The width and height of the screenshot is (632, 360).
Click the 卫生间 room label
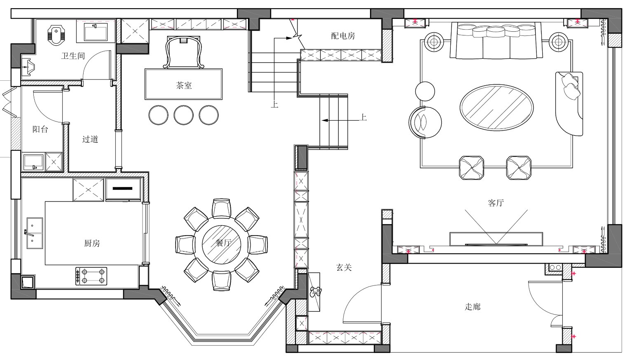[x=73, y=56]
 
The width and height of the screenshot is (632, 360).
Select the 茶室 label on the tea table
[x=184, y=86]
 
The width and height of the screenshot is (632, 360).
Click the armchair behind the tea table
[x=184, y=52]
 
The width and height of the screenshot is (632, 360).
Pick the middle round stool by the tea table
[x=184, y=115]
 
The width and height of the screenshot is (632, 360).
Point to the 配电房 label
[x=343, y=36]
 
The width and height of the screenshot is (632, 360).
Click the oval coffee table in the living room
[x=496, y=108]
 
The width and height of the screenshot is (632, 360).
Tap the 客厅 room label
[x=496, y=203]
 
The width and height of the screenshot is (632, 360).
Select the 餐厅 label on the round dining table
[x=223, y=243]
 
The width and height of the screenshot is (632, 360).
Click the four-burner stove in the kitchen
[x=91, y=276]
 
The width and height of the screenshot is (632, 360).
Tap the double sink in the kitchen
[x=35, y=233]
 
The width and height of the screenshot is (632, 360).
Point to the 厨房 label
[x=92, y=243]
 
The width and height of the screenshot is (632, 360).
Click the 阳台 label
[x=40, y=129]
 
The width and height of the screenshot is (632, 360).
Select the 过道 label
[x=90, y=139]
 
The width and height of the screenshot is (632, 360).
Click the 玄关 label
[x=344, y=267]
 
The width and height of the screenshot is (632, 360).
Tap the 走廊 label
[x=472, y=307]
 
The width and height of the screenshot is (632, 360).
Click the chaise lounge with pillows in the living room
[x=569, y=104]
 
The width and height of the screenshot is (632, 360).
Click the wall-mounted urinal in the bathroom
[x=29, y=67]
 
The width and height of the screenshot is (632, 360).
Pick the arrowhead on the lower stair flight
[x=325, y=120]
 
